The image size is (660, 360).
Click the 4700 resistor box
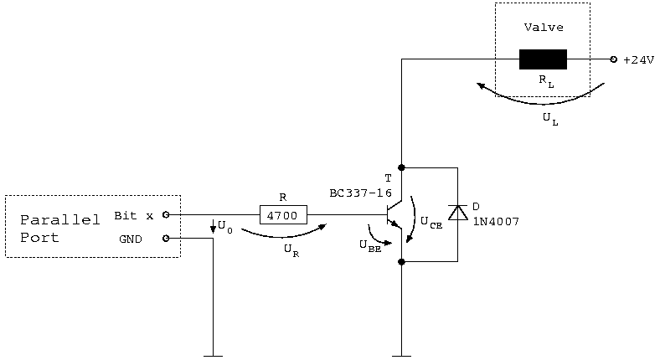tap(283, 215)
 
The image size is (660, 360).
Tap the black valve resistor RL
tap(543, 59)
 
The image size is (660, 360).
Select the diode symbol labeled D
tap(457, 213)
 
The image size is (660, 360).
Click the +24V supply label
tap(638, 60)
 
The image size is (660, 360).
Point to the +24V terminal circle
tap(613, 59)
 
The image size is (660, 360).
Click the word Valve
tap(544, 28)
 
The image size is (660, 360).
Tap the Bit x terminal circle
tap(166, 214)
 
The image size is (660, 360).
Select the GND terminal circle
tap(166, 239)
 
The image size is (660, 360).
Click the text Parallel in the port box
tap(60, 219)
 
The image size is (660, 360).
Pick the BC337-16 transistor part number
tap(361, 193)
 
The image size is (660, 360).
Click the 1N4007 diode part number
tap(496, 222)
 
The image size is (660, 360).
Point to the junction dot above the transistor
tap(401, 167)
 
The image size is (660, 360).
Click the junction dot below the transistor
tap(401, 261)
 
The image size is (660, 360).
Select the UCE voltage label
tap(431, 223)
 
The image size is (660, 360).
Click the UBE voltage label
tap(370, 246)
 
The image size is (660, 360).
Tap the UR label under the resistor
tap(291, 250)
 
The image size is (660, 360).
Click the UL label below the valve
tap(550, 120)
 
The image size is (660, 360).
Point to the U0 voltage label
tap(225, 227)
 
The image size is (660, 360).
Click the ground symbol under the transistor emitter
tap(401, 356)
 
